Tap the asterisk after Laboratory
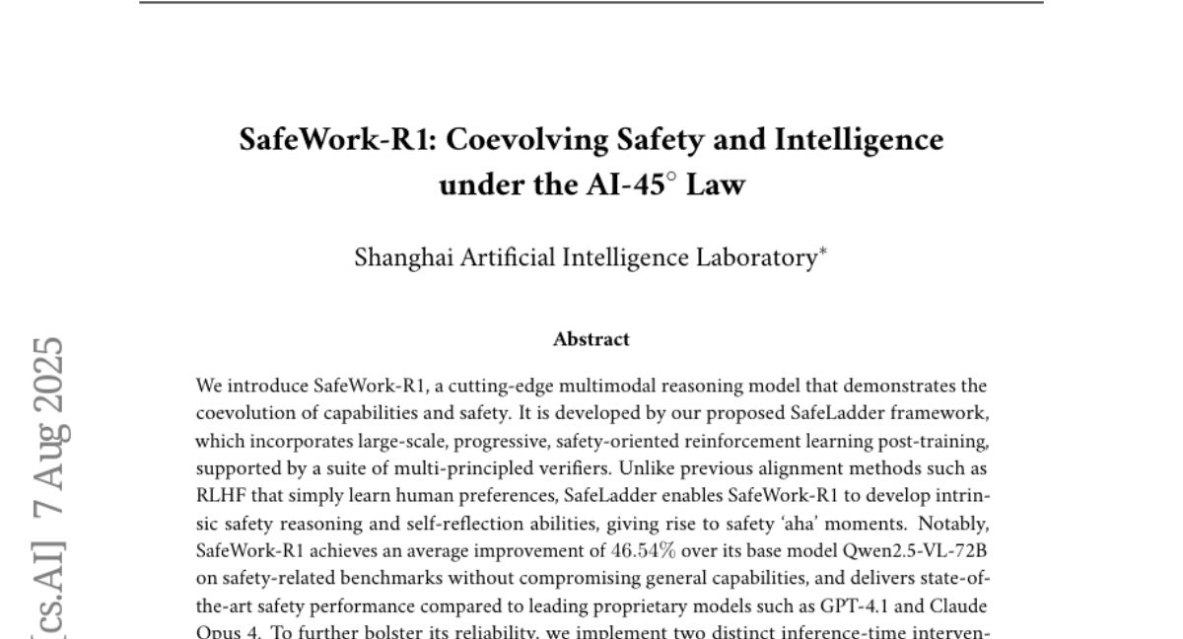click(x=822, y=252)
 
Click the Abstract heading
click(x=591, y=339)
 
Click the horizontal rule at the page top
click(x=591, y=2)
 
